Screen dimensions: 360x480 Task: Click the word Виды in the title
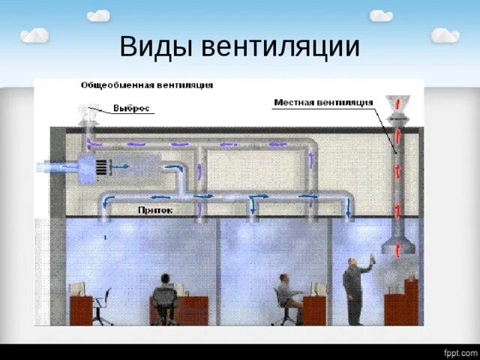(154, 47)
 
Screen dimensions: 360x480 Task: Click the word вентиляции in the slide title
(279, 47)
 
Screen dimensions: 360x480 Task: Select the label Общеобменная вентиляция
(146, 85)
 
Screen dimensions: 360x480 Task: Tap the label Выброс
(132, 108)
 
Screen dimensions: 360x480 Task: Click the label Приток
(155, 211)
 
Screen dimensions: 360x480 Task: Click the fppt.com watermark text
(460, 352)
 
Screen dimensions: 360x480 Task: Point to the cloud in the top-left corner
(34, 35)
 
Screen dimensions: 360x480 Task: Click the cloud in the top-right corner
(445, 35)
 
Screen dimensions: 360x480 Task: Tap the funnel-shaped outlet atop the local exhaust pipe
(397, 103)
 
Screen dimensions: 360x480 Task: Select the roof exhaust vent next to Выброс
(88, 117)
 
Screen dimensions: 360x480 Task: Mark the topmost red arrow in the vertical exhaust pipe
(397, 134)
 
